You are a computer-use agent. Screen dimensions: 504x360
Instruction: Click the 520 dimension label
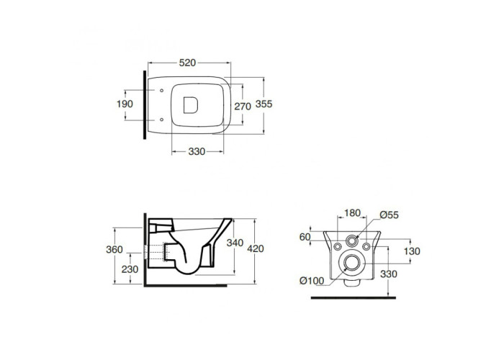187,63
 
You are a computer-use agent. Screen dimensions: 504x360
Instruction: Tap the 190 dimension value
125,104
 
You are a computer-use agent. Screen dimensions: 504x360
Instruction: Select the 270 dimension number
243,106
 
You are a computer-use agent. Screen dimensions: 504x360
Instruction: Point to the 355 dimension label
264,104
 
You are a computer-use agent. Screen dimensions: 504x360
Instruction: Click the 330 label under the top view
197,151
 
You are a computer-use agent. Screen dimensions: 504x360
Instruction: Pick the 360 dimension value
114,249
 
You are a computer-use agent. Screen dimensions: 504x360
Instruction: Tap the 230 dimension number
130,269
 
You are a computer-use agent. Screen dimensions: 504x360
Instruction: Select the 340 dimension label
235,243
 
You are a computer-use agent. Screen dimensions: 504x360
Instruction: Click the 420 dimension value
256,248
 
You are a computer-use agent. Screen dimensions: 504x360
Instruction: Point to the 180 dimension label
352,213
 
